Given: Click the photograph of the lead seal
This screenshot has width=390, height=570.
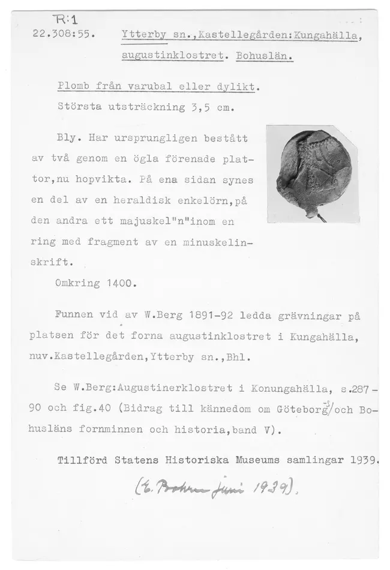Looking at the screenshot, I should point(312,173).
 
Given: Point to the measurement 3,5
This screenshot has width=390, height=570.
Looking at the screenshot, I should point(197,109).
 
